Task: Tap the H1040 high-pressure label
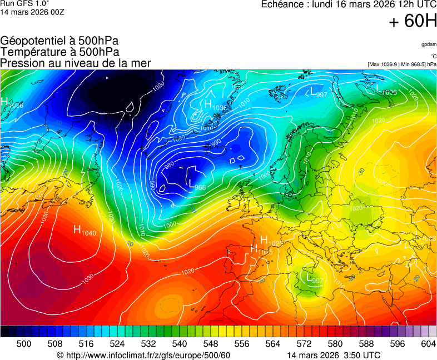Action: click(85, 230)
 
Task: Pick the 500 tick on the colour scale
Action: click(24, 344)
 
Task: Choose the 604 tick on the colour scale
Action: click(429, 344)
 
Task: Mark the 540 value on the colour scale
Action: click(180, 344)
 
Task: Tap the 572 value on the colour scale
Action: click(304, 344)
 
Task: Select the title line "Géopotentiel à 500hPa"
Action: click(59, 41)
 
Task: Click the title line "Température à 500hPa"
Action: click(59, 52)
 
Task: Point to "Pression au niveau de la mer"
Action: click(76, 63)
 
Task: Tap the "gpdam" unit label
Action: click(428, 44)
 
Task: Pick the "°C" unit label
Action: click(433, 56)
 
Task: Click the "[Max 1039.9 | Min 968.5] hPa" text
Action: click(401, 64)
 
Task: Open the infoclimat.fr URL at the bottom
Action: click(143, 355)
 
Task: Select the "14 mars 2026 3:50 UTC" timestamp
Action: click(334, 355)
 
